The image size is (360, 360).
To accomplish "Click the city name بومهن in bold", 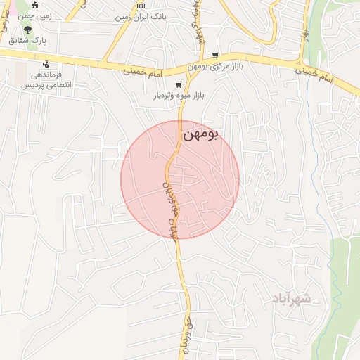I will [x=201, y=135].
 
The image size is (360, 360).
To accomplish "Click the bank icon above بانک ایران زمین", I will [x=140, y=5].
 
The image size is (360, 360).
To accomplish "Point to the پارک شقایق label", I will [x=27, y=41].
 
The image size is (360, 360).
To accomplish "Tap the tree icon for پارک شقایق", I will [x=27, y=30].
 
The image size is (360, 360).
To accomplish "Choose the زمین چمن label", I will [x=34, y=15].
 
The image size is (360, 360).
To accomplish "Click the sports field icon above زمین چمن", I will [x=34, y=5].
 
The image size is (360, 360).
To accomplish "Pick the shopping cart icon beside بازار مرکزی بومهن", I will [x=215, y=56].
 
